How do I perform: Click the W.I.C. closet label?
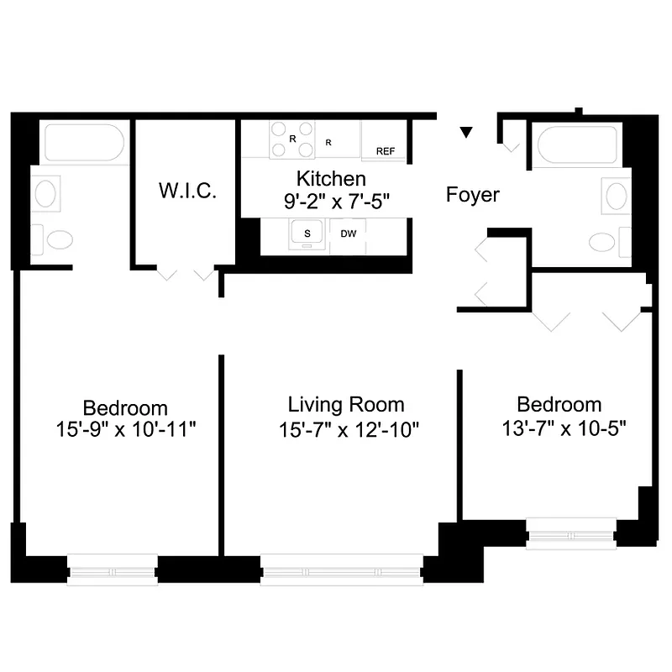click(187, 191)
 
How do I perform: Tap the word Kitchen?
click(331, 179)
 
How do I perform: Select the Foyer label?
click(472, 196)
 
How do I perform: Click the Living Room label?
click(345, 405)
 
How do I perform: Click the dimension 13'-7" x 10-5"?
click(559, 429)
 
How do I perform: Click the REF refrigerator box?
click(385, 151)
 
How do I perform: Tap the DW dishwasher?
click(349, 234)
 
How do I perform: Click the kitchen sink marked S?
click(307, 234)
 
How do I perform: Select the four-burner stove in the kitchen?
click(291, 139)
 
